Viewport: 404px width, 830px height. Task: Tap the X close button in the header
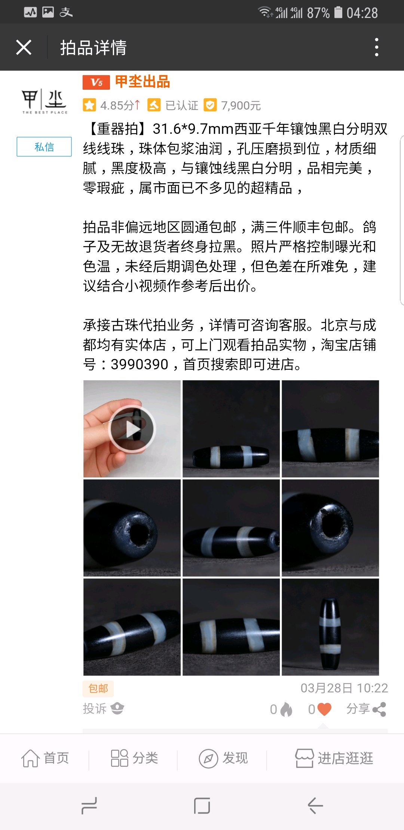[x=24, y=47]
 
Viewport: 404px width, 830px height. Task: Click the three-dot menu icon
[x=377, y=47]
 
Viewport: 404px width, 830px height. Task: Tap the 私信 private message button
[x=44, y=147]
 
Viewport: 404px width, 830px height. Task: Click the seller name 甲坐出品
[x=143, y=82]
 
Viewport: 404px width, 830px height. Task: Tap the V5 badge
[x=96, y=82]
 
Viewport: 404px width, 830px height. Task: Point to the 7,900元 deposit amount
[x=241, y=105]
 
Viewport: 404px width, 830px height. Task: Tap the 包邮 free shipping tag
[x=98, y=688]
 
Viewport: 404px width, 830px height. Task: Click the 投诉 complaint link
[x=95, y=708]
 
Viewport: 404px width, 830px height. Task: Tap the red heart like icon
[x=324, y=709]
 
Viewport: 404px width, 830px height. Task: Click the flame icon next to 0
[x=286, y=709]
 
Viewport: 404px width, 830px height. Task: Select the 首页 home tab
[x=45, y=758]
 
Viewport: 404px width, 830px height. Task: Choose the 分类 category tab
[x=134, y=758]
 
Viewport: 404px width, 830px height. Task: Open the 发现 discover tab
[x=223, y=758]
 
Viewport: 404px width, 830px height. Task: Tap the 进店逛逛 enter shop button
[x=334, y=758]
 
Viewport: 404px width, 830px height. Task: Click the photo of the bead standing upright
[x=330, y=627]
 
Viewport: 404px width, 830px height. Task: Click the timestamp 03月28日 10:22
[x=344, y=688]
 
